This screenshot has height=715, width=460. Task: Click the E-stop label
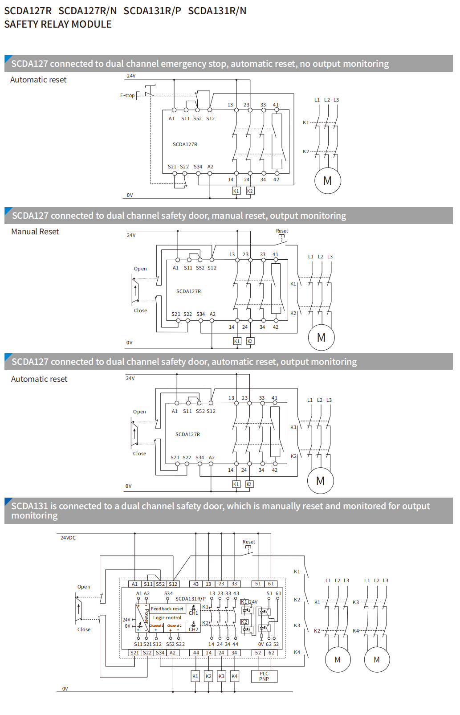127,95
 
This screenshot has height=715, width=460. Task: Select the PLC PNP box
264,676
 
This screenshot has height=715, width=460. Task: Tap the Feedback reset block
167,609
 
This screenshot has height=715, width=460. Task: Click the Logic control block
167,618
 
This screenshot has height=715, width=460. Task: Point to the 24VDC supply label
68,538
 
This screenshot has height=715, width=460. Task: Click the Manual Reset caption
35,232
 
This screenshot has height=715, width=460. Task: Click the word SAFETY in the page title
21,25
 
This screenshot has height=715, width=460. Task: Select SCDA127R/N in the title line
88,11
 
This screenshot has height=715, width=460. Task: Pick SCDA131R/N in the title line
217,11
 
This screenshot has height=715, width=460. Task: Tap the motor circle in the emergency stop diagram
327,181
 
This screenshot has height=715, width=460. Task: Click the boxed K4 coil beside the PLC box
235,676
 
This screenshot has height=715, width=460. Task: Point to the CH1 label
193,613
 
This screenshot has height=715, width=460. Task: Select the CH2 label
193,629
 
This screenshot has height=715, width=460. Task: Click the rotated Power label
146,616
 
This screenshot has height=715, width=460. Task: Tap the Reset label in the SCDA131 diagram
249,542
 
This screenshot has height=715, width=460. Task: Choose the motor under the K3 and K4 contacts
377,660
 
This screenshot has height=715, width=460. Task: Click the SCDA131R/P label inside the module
191,599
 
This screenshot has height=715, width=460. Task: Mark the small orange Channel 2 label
174,626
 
